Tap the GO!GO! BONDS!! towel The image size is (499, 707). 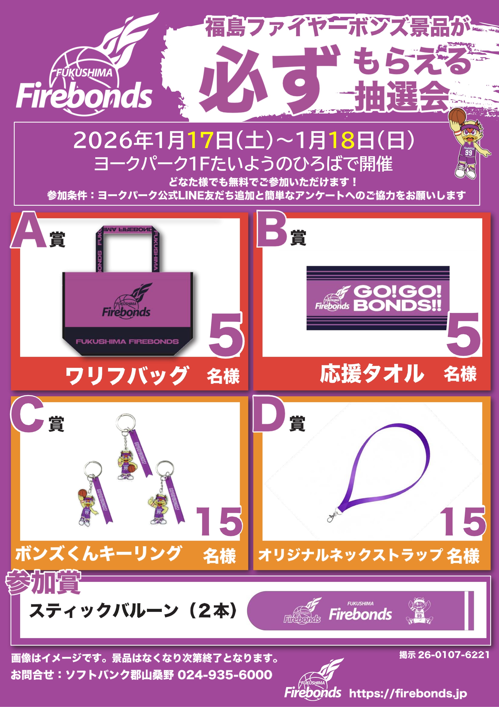click(378, 298)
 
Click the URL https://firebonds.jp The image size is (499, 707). click(408, 694)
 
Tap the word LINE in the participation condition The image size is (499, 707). click(191, 195)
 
